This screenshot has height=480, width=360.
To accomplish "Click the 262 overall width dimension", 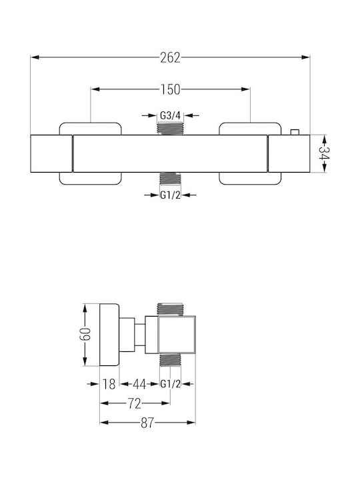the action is (170, 57).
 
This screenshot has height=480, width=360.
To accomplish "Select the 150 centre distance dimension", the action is (170, 89).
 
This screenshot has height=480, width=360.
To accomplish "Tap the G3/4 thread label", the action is (171, 115).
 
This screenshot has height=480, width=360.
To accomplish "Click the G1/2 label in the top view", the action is (170, 195).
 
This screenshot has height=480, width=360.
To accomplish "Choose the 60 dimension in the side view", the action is (85, 334).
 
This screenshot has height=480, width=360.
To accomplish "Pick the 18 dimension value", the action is (109, 384).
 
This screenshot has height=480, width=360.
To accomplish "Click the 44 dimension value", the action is (139, 384).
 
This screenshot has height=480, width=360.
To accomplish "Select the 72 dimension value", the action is (135, 404).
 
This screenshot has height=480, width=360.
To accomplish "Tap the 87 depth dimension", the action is (147, 423).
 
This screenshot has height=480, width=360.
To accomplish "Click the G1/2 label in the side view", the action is (171, 383).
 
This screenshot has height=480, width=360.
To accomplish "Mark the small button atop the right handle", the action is (295, 132).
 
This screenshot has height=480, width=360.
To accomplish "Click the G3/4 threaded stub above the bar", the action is (170, 128).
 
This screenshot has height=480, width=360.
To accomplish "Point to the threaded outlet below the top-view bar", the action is (171, 179).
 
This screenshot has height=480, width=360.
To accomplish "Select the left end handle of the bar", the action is (52, 153).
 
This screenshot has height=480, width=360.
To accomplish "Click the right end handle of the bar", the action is (289, 153).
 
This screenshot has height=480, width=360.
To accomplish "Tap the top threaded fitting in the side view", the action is (170, 309).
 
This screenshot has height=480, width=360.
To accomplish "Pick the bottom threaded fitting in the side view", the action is (170, 360).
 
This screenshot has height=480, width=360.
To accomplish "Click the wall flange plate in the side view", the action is (109, 335).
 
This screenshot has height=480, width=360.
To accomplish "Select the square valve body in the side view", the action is (177, 335).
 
